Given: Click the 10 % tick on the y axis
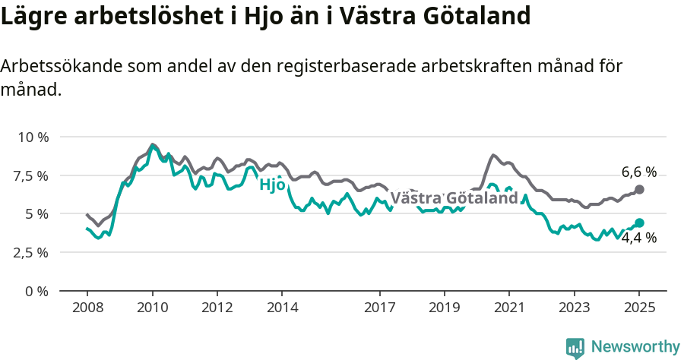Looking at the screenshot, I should click(x=33, y=137).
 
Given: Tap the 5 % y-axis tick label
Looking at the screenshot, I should click(x=36, y=214).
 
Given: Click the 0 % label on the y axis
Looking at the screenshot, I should click(x=36, y=292).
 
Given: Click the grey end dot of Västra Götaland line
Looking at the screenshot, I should click(x=639, y=189).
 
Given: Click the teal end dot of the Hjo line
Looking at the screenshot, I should click(x=639, y=223).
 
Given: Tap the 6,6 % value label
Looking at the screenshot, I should click(x=638, y=172).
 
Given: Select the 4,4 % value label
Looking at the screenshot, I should click(x=638, y=238).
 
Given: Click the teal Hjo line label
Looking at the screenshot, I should click(x=272, y=185).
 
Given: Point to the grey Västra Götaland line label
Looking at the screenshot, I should click(x=454, y=198).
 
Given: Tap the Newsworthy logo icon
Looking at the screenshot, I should click(x=575, y=348).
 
